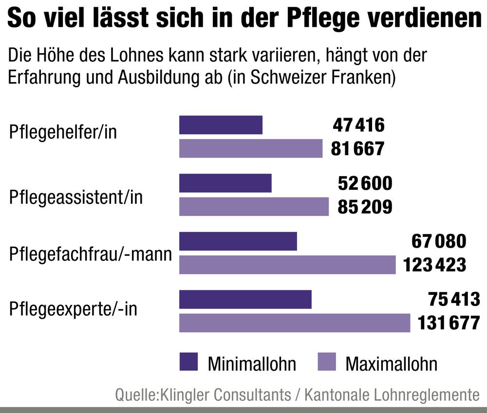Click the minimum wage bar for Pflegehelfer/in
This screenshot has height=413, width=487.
pos(221,125)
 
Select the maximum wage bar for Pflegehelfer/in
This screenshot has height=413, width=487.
pos(251,148)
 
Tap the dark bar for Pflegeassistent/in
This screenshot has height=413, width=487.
pos(225,183)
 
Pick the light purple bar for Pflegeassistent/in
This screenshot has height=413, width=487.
pos(254,206)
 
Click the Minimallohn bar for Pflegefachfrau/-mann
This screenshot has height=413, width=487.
pos(238,241)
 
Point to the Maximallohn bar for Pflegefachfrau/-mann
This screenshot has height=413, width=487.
pos(287,265)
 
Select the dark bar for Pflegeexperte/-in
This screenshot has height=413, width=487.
pos(245,300)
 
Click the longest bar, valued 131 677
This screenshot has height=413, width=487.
pos(295,323)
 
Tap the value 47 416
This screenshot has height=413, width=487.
pos(358,126)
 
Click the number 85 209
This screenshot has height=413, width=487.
pos(365,207)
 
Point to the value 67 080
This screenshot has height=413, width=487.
pos(439,242)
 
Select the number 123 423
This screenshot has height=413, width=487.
pos(435,265)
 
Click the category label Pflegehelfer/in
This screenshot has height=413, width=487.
pos(63,132)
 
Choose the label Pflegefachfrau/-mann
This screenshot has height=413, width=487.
pos(91,253)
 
